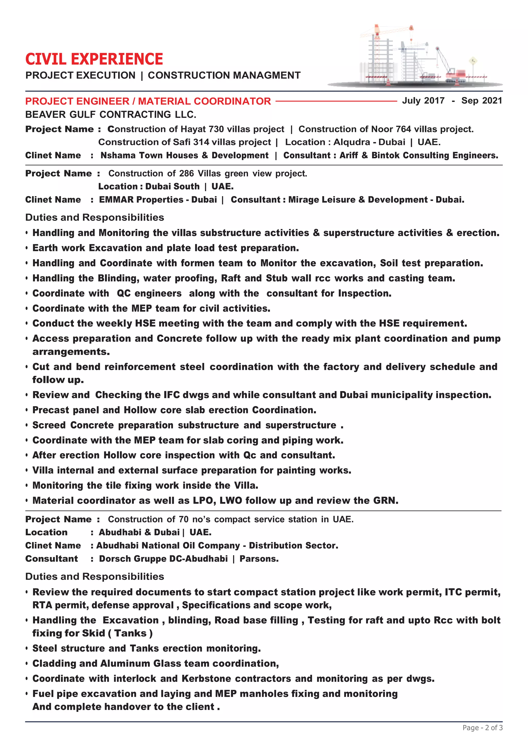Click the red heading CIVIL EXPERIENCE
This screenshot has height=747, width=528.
pyautogui.click(x=94, y=59)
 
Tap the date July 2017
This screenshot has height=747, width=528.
pyautogui.click(x=423, y=101)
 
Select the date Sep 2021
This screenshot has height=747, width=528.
pyautogui.click(x=482, y=101)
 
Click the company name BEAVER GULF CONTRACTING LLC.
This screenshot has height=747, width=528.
pyautogui.click(x=111, y=115)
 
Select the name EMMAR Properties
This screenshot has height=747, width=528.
pyautogui.click(x=141, y=199)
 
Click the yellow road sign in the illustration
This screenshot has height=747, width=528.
pyautogui.click(x=473, y=61)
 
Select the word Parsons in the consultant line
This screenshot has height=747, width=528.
pyautogui.click(x=259, y=559)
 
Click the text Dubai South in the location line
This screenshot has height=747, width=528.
pyautogui.click(x=172, y=186)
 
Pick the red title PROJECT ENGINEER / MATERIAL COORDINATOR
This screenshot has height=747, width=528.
pyautogui.click(x=148, y=101)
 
